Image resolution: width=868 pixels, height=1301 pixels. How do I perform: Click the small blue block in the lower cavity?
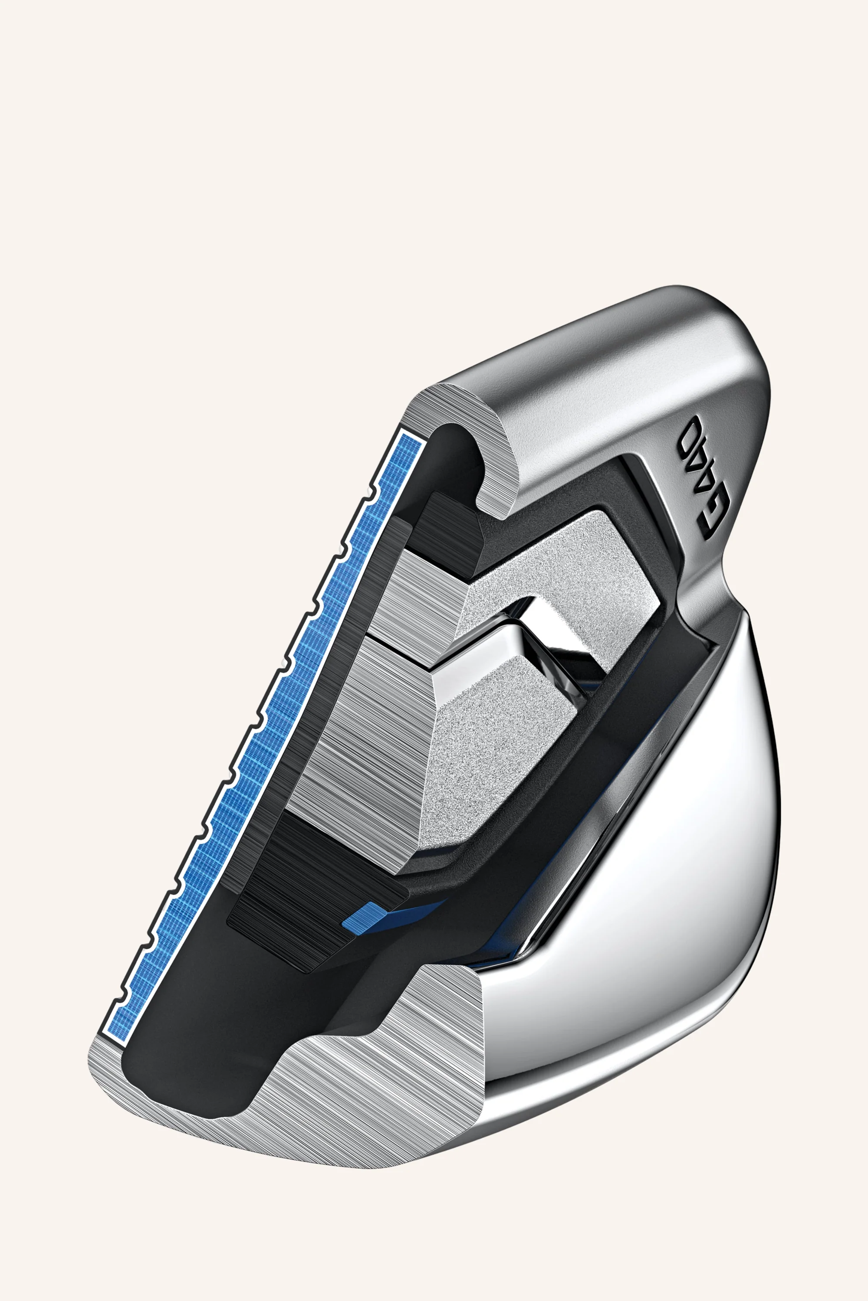[x=362, y=918]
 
